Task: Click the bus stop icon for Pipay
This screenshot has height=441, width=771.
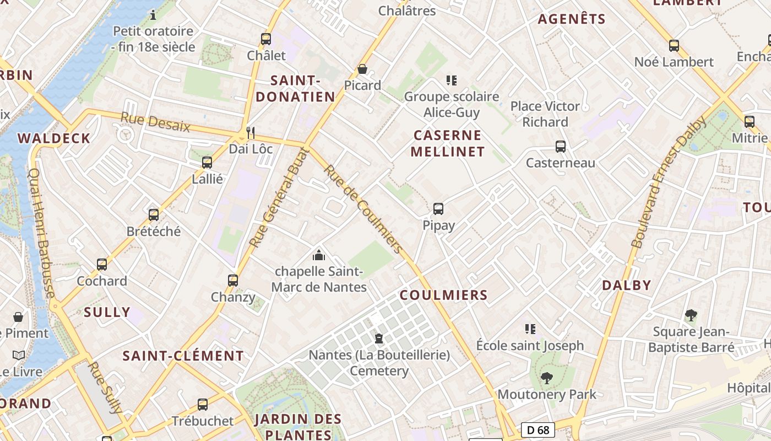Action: [x=438, y=209]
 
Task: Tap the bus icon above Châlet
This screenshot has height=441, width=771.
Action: [x=266, y=39]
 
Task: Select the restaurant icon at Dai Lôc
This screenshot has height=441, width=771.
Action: [x=251, y=132]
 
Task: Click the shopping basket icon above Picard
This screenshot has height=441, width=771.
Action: [x=362, y=69]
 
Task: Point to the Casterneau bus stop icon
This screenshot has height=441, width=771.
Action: [x=561, y=147]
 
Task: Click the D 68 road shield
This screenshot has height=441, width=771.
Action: [x=537, y=430]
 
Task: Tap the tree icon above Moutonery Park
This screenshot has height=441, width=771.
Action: [x=546, y=378]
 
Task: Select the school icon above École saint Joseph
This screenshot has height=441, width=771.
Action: [x=530, y=329]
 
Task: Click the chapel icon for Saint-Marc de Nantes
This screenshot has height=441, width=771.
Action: [x=318, y=255]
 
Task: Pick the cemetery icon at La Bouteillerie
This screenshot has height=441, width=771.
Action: [x=379, y=338]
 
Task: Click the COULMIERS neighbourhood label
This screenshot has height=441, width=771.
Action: [x=444, y=295]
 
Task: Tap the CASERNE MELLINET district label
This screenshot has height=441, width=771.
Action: [x=447, y=143]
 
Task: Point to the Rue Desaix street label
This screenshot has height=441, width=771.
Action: [x=155, y=122]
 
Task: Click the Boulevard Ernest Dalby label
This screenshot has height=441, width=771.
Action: [x=668, y=182]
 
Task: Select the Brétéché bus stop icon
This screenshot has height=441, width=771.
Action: [x=154, y=214]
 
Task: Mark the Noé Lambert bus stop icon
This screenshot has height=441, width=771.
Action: [x=674, y=45]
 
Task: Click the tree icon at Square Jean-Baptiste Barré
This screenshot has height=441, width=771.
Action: [x=691, y=315]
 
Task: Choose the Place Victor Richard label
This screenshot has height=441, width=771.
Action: [x=545, y=114]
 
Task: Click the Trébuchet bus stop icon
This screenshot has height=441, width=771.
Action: [x=203, y=404]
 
